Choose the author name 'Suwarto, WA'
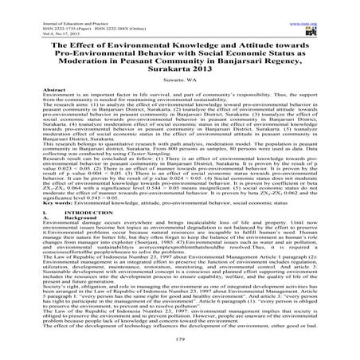click(179, 80)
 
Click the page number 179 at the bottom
click(179, 339)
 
